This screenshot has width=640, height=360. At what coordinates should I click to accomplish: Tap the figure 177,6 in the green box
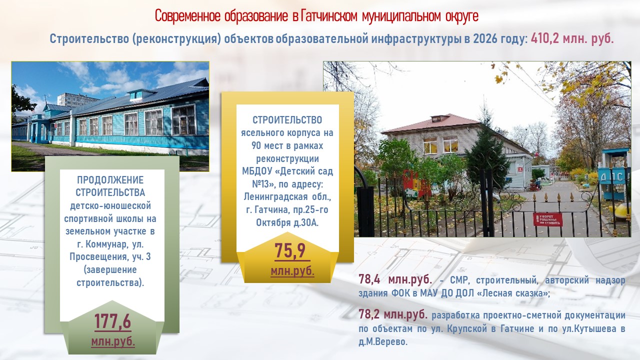click(x=112, y=321)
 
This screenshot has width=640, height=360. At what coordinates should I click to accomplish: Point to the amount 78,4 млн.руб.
click(x=395, y=279)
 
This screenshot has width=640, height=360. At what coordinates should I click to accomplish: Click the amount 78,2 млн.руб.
click(x=393, y=314)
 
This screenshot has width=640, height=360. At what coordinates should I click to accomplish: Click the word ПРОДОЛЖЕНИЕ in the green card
click(x=110, y=180)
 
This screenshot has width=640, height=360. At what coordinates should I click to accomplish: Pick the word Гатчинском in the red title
click(x=329, y=16)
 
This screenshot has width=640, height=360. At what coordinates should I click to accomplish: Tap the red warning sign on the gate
click(x=547, y=219)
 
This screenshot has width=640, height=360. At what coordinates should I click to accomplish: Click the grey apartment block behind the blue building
click(x=75, y=100)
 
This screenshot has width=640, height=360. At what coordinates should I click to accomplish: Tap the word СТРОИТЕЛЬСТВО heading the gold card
click(x=287, y=119)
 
